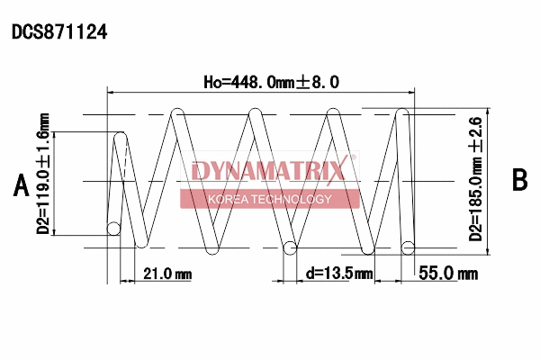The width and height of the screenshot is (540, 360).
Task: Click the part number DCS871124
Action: pyautogui.click(x=59, y=32)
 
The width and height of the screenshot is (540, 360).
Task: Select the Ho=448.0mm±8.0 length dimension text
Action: pyautogui.click(x=271, y=82)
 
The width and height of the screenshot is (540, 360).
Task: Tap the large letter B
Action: pyautogui.click(x=519, y=180)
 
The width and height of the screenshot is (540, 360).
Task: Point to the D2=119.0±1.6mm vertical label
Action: pyautogui.click(x=42, y=180)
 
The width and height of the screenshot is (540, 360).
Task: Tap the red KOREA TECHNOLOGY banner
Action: pyautogui.click(x=269, y=199)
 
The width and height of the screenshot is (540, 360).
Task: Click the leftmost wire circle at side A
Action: pyautogui.click(x=113, y=229)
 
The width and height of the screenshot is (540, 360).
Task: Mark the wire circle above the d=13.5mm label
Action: pyautogui.click(x=290, y=247)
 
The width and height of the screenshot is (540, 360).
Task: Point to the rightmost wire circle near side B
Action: pyautogui.click(x=407, y=247)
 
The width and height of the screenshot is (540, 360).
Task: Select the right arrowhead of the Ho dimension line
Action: pyautogui.click(x=415, y=91)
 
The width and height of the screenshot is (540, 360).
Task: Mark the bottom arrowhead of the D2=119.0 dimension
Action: pyautogui.click(x=57, y=231)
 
